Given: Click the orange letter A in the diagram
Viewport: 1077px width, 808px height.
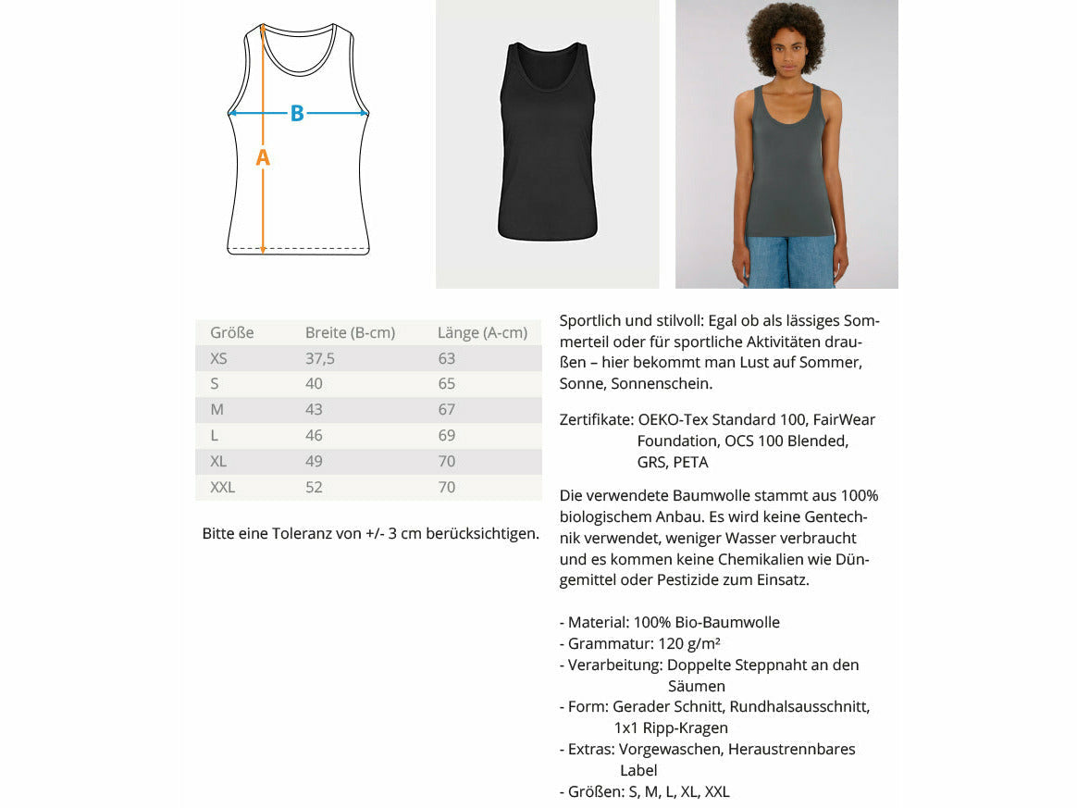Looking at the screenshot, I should [263, 157].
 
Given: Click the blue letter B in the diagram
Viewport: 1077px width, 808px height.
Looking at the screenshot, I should [297, 113].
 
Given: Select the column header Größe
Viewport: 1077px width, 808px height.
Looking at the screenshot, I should [231, 332].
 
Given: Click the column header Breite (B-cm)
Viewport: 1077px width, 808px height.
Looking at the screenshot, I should [351, 332].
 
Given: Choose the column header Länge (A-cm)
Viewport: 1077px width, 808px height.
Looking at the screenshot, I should [482, 332].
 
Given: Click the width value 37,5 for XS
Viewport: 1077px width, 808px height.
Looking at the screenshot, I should [320, 358].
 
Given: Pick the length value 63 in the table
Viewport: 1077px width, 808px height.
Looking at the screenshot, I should [447, 358].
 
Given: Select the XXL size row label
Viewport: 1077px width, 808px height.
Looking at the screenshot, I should [223, 487].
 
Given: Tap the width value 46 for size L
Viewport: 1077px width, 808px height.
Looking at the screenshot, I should [315, 435].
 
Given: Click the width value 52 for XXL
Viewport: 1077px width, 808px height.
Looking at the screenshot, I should [315, 487].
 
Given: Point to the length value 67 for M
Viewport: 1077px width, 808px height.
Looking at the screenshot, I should [447, 409].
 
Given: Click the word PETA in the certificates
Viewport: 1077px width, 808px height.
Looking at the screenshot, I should [690, 462].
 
